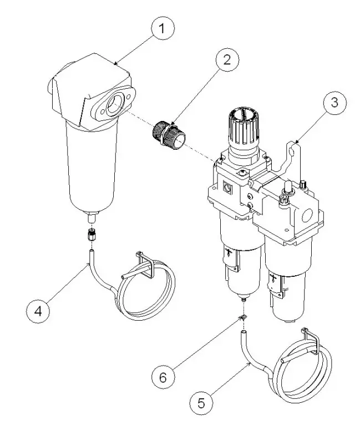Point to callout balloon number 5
click(201, 399)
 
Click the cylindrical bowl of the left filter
click(92, 166)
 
